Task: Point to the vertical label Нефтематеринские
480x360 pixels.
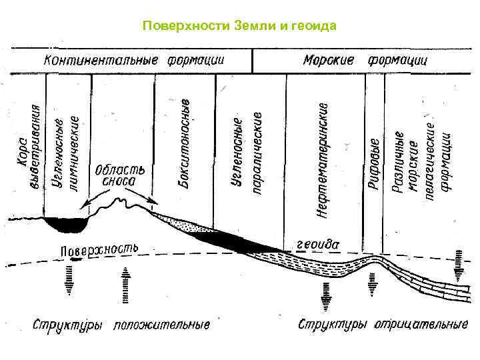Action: tap(322, 160)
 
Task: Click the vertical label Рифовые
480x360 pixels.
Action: tap(375, 164)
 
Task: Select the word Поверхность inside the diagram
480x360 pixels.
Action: tap(99, 250)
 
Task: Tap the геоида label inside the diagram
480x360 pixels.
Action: tap(317, 245)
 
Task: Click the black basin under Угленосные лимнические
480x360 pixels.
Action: tap(65, 225)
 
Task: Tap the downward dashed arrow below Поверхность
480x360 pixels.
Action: tap(70, 281)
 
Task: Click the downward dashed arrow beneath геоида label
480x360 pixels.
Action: tap(326, 293)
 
